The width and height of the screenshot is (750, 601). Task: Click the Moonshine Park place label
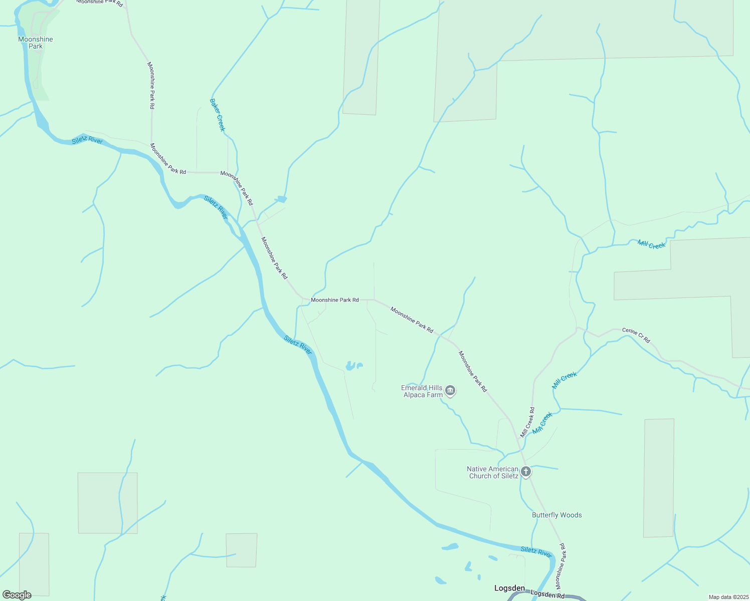(36, 43)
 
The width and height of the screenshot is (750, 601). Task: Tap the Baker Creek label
(218, 115)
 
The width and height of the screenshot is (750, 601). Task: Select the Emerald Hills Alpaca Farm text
(422, 391)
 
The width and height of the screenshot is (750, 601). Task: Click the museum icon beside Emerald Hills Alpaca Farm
(450, 391)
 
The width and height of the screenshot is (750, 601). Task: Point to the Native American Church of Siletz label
(493, 472)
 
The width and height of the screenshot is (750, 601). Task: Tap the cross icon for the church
(525, 471)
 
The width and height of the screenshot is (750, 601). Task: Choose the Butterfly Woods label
(556, 515)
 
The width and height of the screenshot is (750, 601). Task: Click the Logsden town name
(509, 588)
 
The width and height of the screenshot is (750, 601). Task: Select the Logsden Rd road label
(547, 595)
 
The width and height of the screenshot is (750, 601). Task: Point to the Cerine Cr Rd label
(636, 335)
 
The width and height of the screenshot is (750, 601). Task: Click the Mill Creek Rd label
(527, 422)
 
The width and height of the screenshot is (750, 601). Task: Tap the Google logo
(17, 595)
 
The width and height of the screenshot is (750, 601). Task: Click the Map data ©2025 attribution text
(728, 597)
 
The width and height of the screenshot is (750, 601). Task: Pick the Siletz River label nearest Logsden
(536, 551)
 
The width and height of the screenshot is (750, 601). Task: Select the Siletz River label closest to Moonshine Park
(87, 140)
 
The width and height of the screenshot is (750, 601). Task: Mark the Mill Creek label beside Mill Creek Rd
(542, 423)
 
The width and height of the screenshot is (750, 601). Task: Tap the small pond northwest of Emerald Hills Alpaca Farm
(352, 366)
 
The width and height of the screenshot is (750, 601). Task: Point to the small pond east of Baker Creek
(282, 199)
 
